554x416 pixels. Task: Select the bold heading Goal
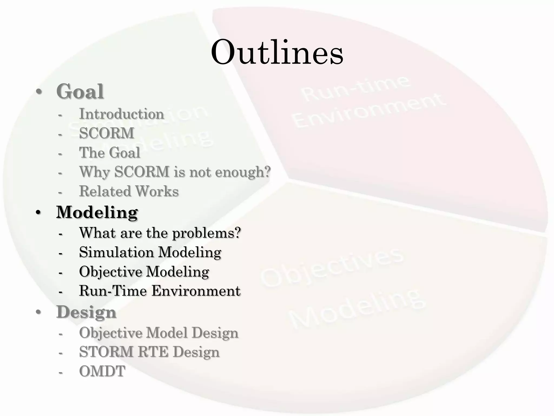click(80, 92)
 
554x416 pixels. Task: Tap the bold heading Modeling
click(97, 212)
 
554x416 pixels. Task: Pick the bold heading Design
click(86, 312)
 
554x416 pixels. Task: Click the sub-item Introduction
click(121, 114)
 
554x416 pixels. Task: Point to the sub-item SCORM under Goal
click(107, 133)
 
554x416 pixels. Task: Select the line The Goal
click(110, 152)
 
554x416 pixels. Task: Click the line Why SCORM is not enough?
click(175, 172)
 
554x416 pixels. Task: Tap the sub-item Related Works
click(129, 191)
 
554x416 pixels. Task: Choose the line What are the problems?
click(160, 233)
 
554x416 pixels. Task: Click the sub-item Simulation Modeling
click(150, 252)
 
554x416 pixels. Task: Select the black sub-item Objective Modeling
click(144, 272)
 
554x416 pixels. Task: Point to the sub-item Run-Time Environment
click(160, 291)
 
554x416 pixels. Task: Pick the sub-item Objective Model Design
click(159, 333)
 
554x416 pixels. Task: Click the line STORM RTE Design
click(149, 352)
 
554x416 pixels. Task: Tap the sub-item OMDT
click(102, 371)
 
